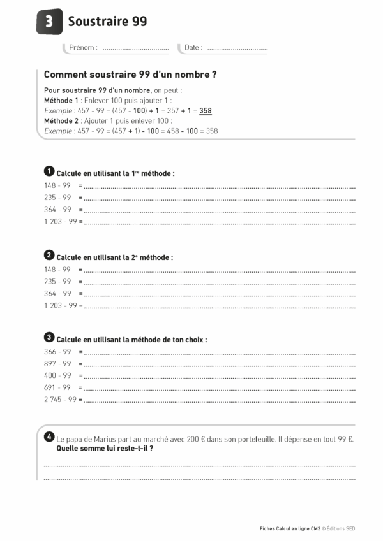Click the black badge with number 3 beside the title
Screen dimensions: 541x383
coord(50,22)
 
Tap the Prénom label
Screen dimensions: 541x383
coord(83,48)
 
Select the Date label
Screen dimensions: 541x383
coord(193,48)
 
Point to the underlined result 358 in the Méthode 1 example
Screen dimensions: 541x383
coord(206,110)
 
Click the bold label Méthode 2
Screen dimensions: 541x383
coord(61,120)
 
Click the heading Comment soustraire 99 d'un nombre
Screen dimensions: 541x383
coord(130,75)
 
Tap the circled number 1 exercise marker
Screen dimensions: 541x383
coord(49,171)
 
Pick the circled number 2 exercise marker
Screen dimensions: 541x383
coord(49,256)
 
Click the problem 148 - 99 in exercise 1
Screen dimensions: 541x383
coord(57,185)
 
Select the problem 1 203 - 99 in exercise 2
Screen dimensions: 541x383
coord(60,306)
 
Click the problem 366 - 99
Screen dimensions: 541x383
coord(57,352)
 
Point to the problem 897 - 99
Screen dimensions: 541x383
coord(57,364)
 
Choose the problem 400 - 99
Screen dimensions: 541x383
coord(57,376)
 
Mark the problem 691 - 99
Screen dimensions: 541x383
coord(57,387)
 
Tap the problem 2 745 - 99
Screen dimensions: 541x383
coord(60,400)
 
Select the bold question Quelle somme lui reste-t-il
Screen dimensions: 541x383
coord(105,448)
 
